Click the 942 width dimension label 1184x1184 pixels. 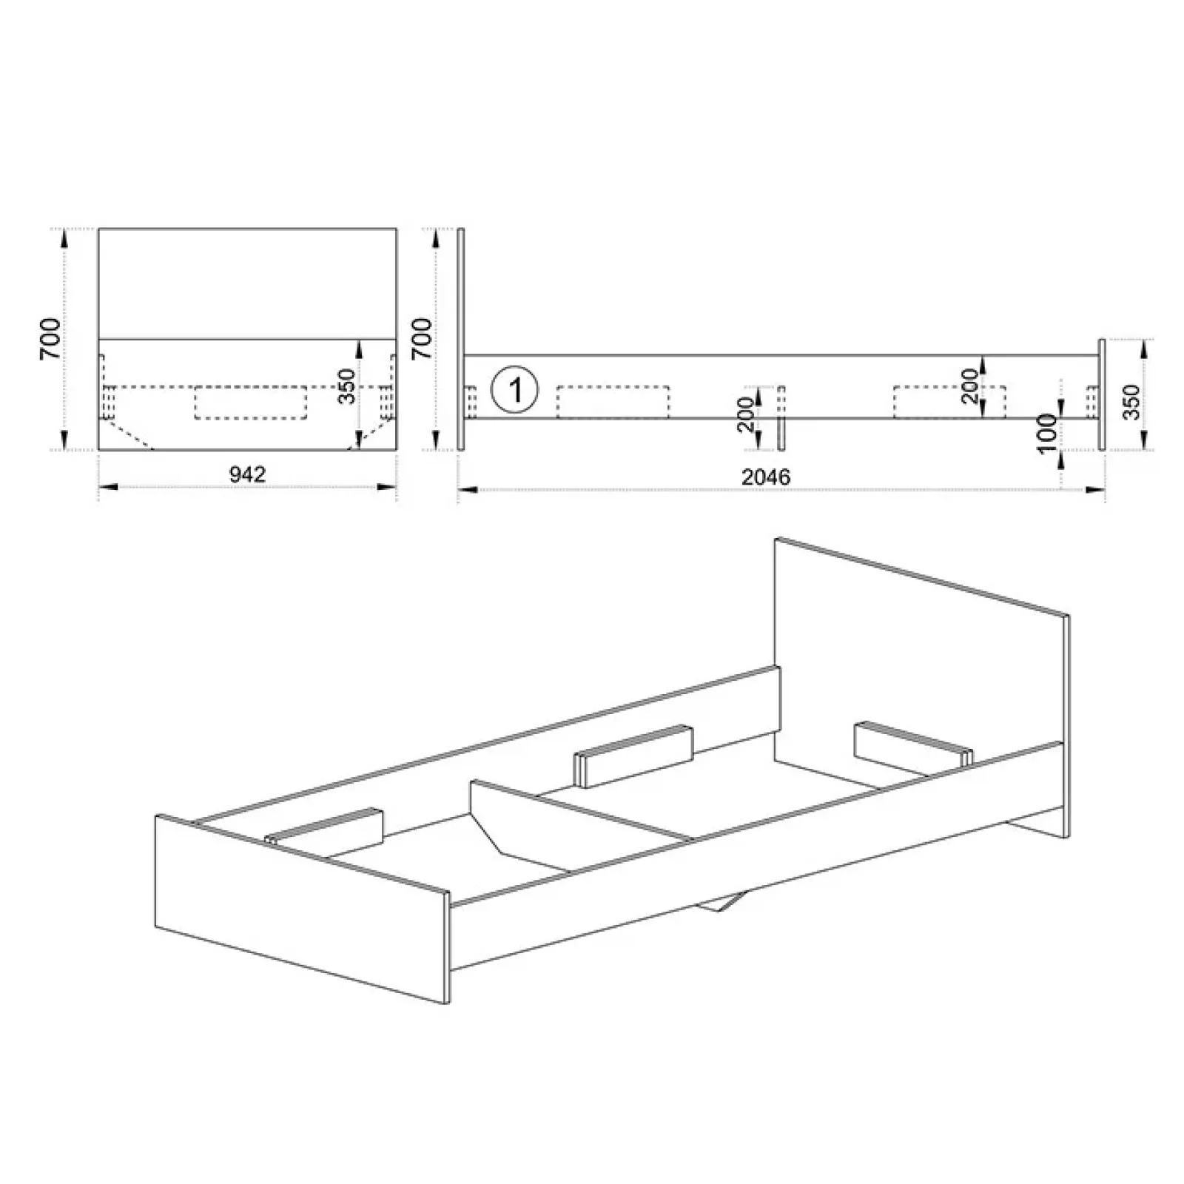(247, 474)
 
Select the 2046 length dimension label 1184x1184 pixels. (766, 477)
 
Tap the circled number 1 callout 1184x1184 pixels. (515, 388)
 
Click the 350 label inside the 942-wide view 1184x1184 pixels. (346, 386)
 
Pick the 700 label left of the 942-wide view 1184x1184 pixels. (50, 339)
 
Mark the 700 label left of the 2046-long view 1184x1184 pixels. (421, 339)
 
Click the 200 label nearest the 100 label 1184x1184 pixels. (969, 386)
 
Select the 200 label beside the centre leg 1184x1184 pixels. (745, 414)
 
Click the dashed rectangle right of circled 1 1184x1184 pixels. (613, 402)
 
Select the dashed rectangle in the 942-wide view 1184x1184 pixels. (250, 403)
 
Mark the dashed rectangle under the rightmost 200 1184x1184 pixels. (949, 402)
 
